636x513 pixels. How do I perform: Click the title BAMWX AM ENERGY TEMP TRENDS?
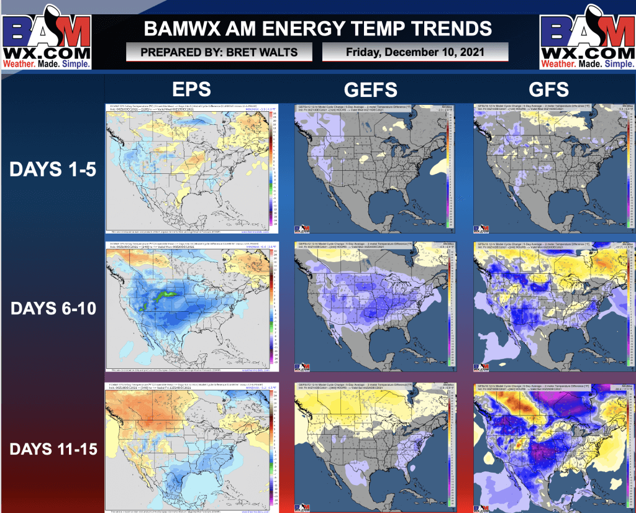point(317,28)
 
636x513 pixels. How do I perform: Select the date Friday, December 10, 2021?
point(415,52)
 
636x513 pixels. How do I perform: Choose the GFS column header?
point(550,89)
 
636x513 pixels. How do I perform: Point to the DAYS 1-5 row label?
point(53,170)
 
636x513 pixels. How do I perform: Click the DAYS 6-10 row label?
point(53,307)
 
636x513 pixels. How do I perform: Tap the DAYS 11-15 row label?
point(53,448)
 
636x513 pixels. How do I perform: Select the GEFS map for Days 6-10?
point(371,307)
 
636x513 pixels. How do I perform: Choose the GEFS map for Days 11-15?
point(371,447)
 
